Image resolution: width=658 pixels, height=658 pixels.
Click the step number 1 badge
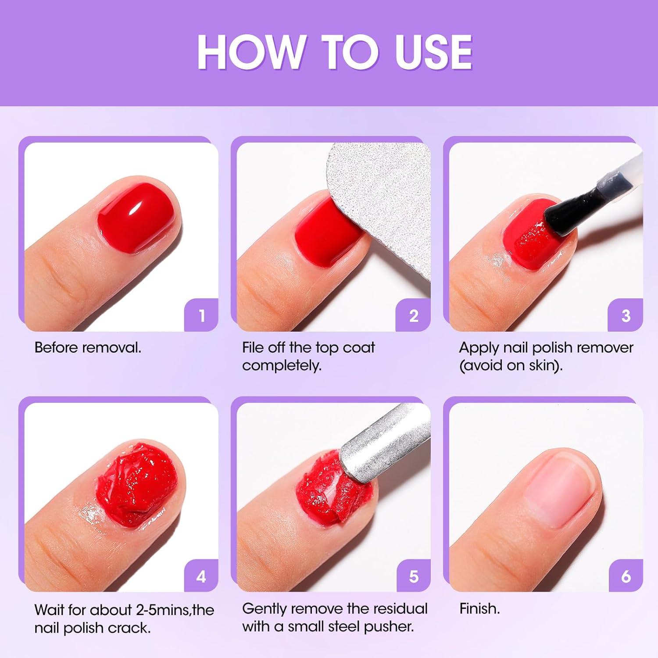(201, 315)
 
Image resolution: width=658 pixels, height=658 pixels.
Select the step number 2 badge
(414, 315)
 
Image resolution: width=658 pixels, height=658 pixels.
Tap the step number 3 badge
(626, 315)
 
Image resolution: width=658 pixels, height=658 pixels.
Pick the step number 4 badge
(201, 576)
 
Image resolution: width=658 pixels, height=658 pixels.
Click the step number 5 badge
(414, 576)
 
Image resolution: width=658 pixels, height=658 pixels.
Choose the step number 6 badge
(626, 576)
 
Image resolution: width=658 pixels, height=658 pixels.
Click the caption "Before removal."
(88, 348)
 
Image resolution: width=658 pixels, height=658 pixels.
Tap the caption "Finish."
(479, 609)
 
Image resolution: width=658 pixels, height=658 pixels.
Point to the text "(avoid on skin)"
(511, 365)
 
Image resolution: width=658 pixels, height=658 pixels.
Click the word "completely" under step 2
(281, 365)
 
